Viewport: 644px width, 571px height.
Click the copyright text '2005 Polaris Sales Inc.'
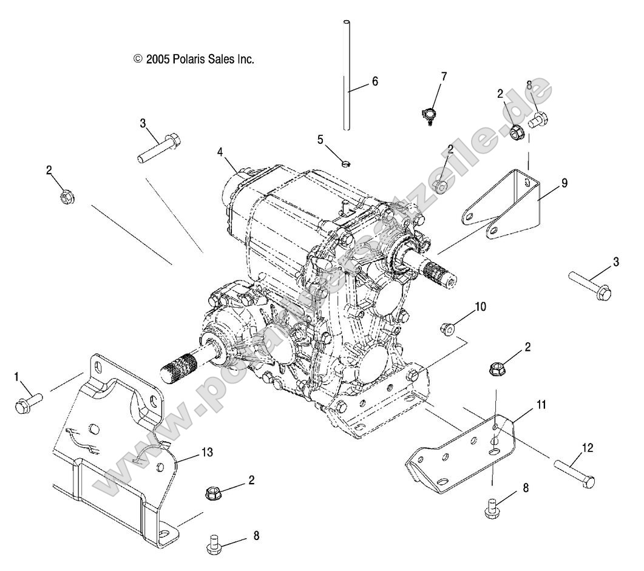coord(193,59)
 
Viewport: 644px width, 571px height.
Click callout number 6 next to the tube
coord(375,81)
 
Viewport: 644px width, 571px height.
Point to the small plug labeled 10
coord(446,328)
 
